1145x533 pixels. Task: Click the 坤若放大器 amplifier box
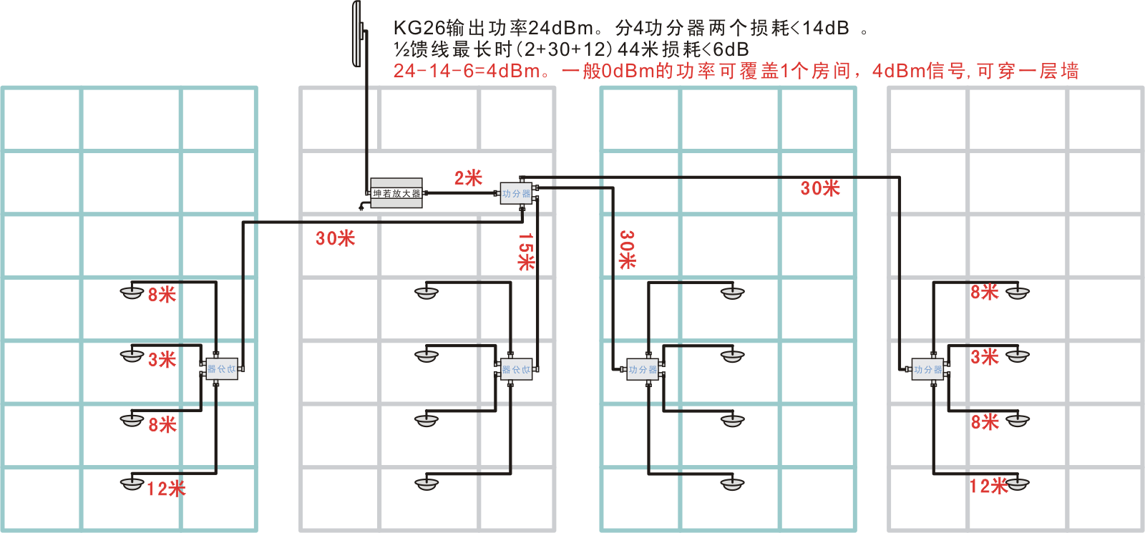pyautogui.click(x=396, y=193)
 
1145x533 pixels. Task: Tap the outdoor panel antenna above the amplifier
pyautogui.click(x=357, y=34)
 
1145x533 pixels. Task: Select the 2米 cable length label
pyautogui.click(x=468, y=178)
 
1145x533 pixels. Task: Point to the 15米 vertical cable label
pyautogui.click(x=526, y=251)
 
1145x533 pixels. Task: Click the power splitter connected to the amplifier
pyautogui.click(x=516, y=194)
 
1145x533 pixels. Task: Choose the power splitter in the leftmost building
pyautogui.click(x=221, y=369)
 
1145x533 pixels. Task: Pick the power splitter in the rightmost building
pyautogui.click(x=927, y=369)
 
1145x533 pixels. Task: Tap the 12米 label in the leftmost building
pyautogui.click(x=166, y=489)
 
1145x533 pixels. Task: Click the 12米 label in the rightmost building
pyautogui.click(x=988, y=486)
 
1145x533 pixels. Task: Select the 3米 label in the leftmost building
pyautogui.click(x=162, y=360)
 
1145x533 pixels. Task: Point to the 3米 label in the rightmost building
pyautogui.click(x=985, y=357)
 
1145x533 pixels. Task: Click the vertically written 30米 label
pyautogui.click(x=627, y=250)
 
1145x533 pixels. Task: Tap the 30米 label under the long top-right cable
pyautogui.click(x=820, y=188)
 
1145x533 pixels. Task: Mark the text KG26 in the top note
pyautogui.click(x=419, y=28)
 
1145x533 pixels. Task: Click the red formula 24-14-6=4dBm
pyautogui.click(x=467, y=71)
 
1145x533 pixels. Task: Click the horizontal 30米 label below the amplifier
pyautogui.click(x=335, y=238)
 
